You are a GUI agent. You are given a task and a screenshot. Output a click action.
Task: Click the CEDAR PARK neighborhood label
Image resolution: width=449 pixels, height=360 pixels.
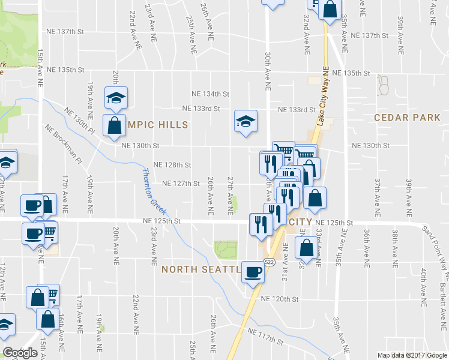(x=407, y=118)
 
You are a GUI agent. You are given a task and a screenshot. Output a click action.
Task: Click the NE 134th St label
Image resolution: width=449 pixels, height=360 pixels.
(x=210, y=94)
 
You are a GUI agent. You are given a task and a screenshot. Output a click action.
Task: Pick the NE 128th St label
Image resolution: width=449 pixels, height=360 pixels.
(x=172, y=164)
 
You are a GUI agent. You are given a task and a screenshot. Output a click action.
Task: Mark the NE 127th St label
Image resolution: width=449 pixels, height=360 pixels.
(x=181, y=184)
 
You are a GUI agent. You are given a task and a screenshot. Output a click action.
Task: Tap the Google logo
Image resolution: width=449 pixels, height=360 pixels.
(x=20, y=353)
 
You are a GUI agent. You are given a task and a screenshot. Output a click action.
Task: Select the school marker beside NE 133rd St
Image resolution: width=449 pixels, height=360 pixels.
(x=245, y=122)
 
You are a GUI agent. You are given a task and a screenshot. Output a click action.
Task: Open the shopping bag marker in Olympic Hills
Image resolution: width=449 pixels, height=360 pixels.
(x=114, y=126)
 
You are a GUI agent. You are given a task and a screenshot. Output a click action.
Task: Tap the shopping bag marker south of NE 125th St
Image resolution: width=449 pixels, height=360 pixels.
(x=306, y=248)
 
